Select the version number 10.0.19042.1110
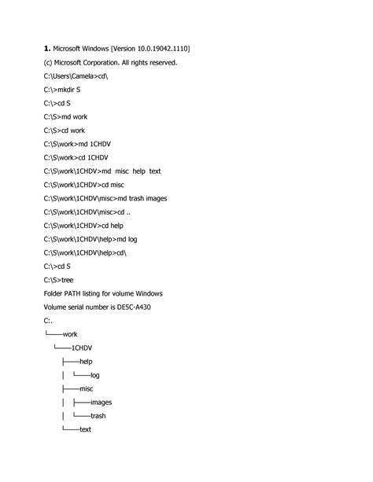click(x=161, y=49)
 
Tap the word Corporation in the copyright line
click(x=109, y=62)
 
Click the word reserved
click(x=162, y=62)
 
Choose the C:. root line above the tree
click(x=48, y=320)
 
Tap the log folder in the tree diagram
click(x=94, y=375)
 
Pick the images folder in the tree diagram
click(x=101, y=402)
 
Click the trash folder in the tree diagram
click(x=98, y=416)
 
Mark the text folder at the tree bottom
click(x=86, y=429)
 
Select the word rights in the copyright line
click(x=137, y=62)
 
